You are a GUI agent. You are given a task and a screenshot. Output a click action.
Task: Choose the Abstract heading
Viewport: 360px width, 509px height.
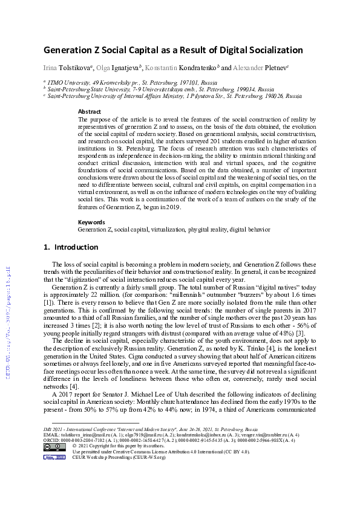pyautogui.click(x=90, y=112)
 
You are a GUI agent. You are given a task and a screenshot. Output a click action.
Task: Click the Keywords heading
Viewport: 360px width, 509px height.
pyautogui.click(x=91, y=222)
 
